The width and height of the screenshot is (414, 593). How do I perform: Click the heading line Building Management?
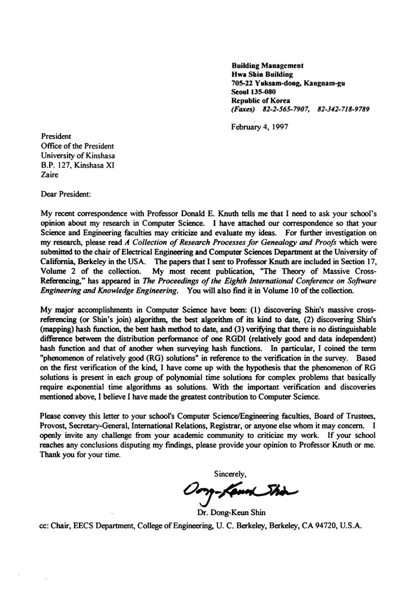coord(267,65)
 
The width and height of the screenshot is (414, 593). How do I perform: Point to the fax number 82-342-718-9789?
coord(343,109)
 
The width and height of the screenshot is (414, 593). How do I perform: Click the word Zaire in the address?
coord(50,175)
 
